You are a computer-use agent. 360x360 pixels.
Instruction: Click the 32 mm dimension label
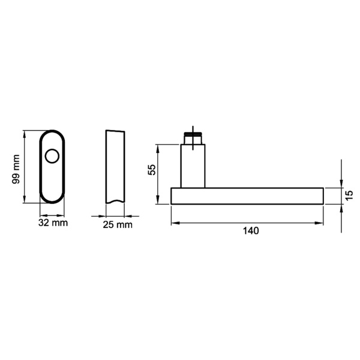coord(53,223)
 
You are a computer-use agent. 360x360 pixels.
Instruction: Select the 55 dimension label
coord(152,170)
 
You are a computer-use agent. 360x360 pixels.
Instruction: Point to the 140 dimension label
coord(247,231)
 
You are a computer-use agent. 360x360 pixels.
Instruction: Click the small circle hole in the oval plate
coord(53,157)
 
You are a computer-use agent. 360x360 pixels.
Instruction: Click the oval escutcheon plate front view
coord(53,180)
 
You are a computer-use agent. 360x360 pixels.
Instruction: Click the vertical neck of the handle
coord(193,166)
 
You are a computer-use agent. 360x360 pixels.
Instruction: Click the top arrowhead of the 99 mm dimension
coord(25,134)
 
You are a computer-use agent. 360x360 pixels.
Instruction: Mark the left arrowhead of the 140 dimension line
coord(175,223)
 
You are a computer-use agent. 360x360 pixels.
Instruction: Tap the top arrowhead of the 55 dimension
coord(158,148)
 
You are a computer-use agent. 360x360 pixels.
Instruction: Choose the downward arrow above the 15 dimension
coord(341,184)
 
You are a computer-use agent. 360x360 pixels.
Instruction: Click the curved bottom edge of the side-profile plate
coord(115,202)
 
